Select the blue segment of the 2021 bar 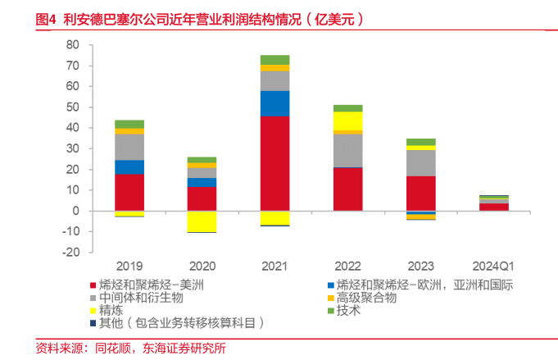coord(274,103)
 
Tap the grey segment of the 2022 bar coord(347,150)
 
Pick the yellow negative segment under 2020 coord(202,221)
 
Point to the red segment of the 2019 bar coord(129,192)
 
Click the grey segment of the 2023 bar coord(420,162)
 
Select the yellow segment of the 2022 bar coord(347,121)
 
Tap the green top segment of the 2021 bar coord(274,59)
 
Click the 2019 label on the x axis coord(129,267)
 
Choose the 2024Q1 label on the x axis coord(493,267)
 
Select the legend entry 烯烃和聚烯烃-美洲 coord(151,285)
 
